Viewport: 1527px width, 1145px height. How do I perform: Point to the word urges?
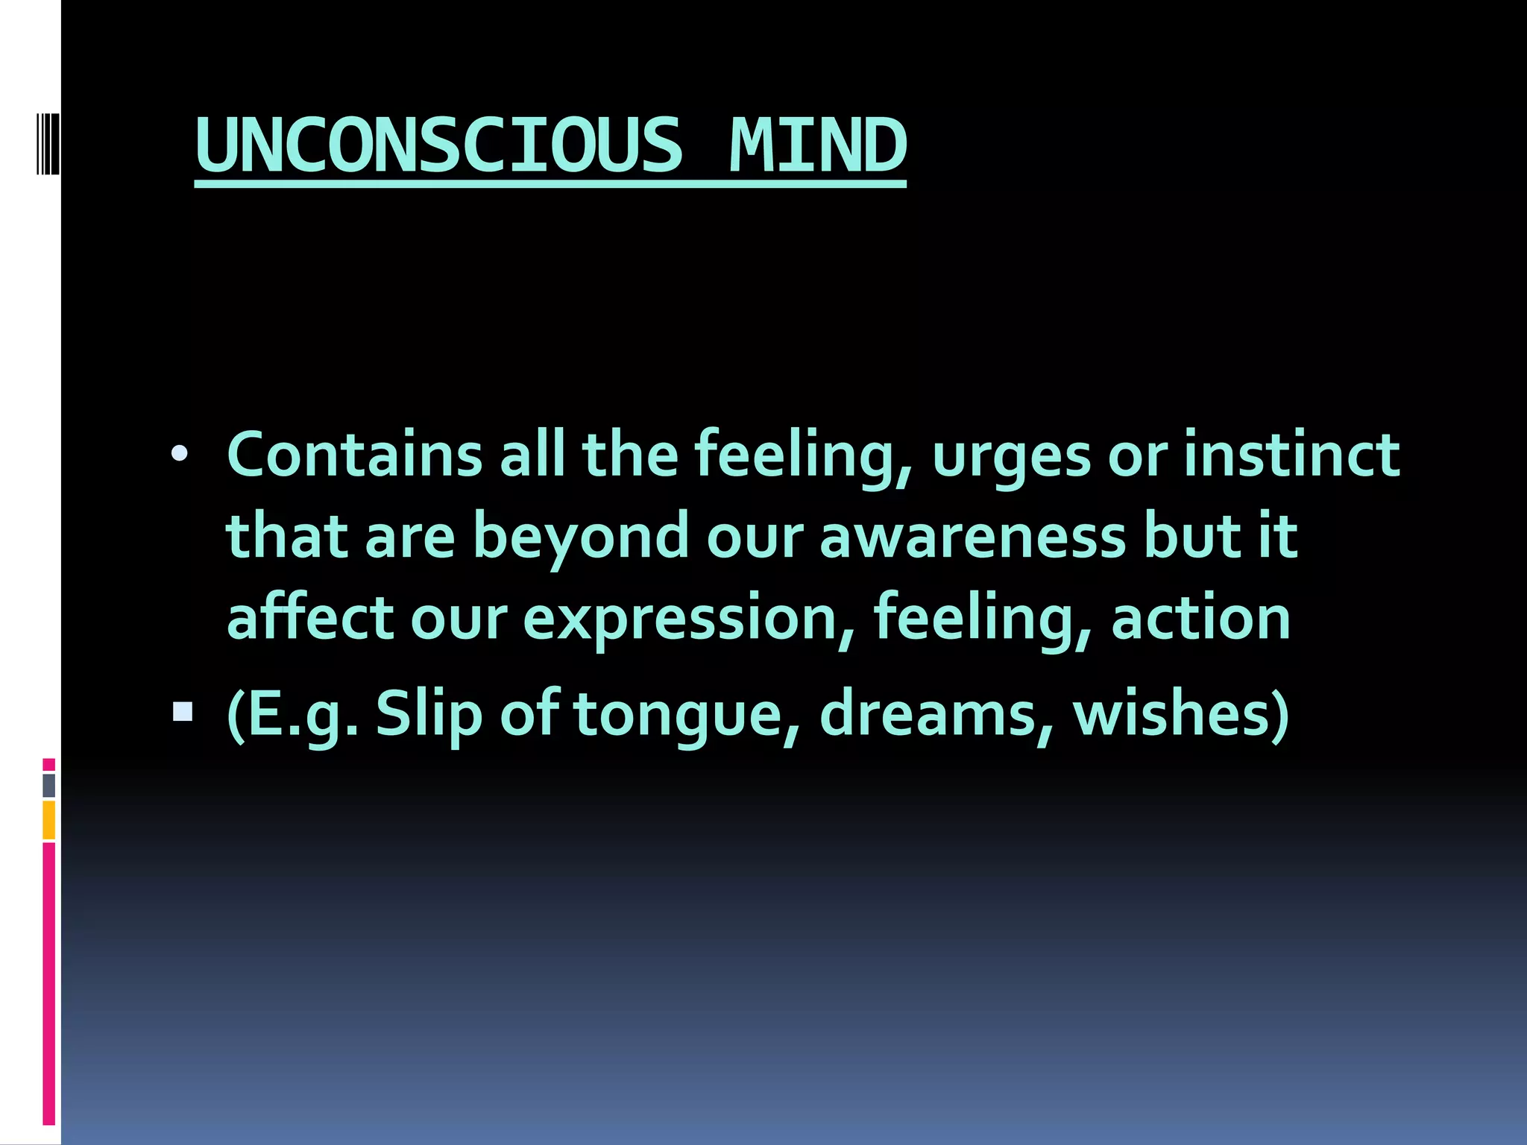tap(1011, 456)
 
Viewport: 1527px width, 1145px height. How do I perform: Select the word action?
tap(1200, 617)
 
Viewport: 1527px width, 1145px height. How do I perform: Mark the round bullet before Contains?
tap(180, 453)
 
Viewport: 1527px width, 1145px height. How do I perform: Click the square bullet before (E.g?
tap(182, 713)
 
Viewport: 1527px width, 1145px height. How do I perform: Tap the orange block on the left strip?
tap(48, 819)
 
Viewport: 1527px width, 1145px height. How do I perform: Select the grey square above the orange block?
tap(48, 785)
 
